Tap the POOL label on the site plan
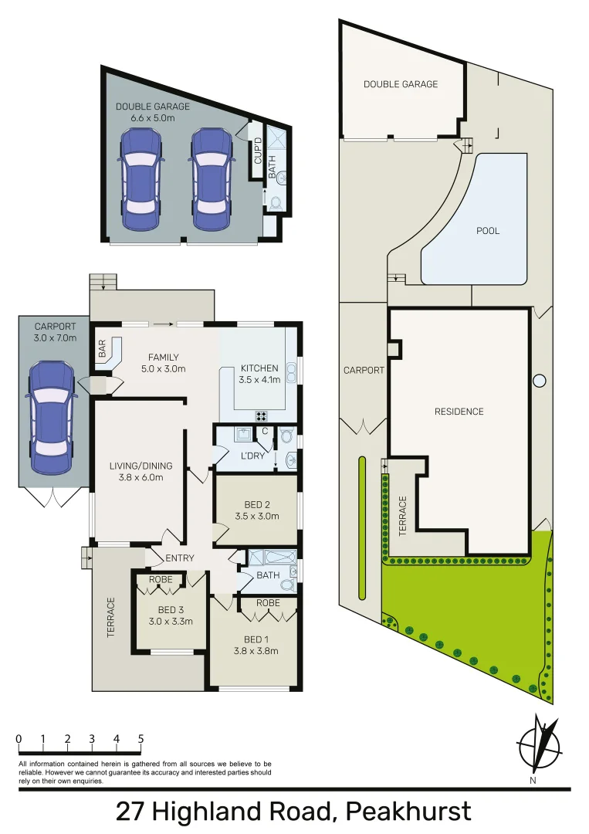[x=487, y=231]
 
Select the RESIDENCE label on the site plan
[x=459, y=412]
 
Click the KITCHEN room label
[x=259, y=368]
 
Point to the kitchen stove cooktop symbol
[x=262, y=415]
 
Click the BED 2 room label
[x=256, y=506]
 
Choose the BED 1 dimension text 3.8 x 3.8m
[x=256, y=651]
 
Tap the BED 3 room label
[x=170, y=610]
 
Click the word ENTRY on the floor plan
[x=180, y=558]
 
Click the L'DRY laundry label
[x=252, y=456]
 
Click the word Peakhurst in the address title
[x=408, y=812]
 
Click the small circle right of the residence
[x=540, y=381]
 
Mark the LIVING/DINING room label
[x=140, y=466]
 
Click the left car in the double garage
[x=140, y=179]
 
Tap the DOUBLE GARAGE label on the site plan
[x=401, y=84]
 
